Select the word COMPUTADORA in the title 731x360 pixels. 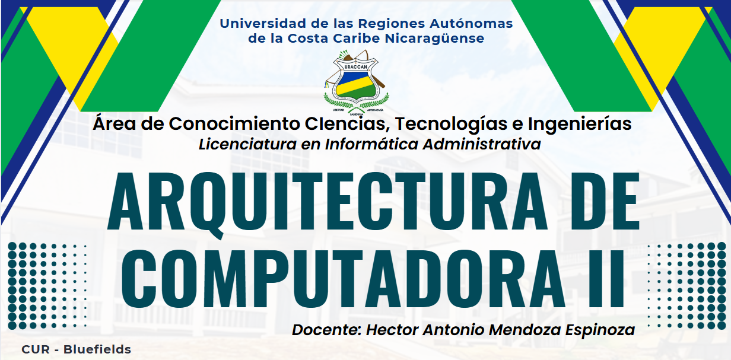point(344,279)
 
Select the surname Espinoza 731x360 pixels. point(600,330)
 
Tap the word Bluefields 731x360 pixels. point(97,349)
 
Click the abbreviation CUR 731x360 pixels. point(36,349)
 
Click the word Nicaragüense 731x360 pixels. point(434,39)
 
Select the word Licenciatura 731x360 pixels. point(247,144)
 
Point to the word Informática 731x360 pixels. point(371,144)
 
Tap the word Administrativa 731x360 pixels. point(482,144)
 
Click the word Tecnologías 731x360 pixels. point(450,124)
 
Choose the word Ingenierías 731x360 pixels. point(580,124)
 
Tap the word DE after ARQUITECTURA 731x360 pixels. point(605,201)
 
